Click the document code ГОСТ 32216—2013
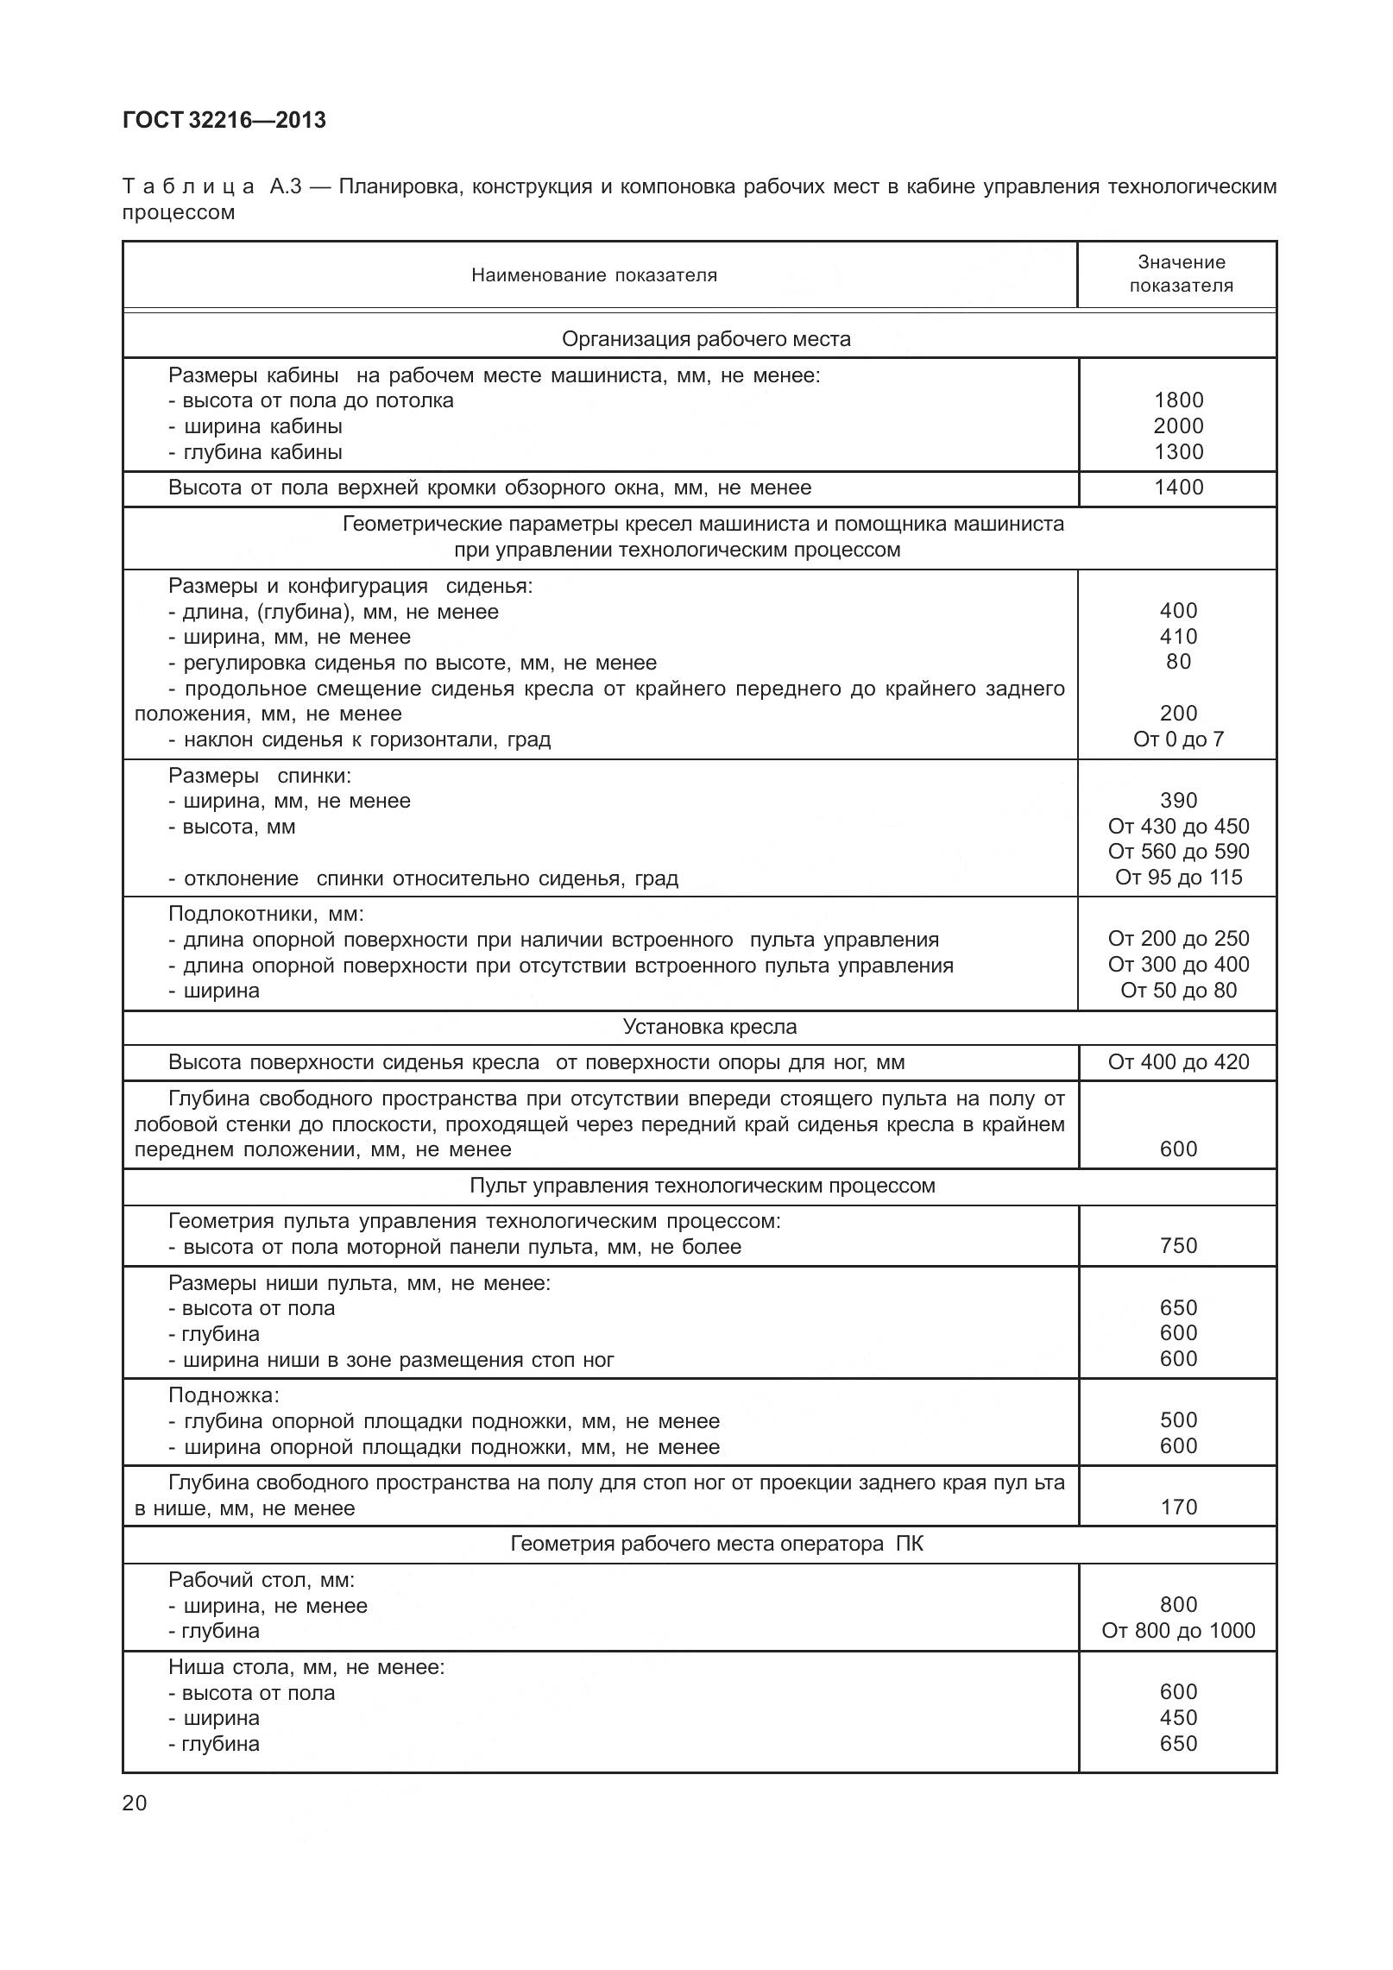224,121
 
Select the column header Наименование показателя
594,275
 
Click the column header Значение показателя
1180,274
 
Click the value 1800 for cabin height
1178,400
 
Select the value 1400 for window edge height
1178,488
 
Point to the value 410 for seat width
1178,637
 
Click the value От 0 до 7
1178,740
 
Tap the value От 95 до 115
1178,878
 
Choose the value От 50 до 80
1178,991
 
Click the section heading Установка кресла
709,1028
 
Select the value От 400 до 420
1178,1062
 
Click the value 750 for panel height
1178,1246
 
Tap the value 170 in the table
1178,1507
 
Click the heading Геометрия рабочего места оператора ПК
716,1544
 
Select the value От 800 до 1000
1178,1631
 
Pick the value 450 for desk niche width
1178,1718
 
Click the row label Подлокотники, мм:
266,914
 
